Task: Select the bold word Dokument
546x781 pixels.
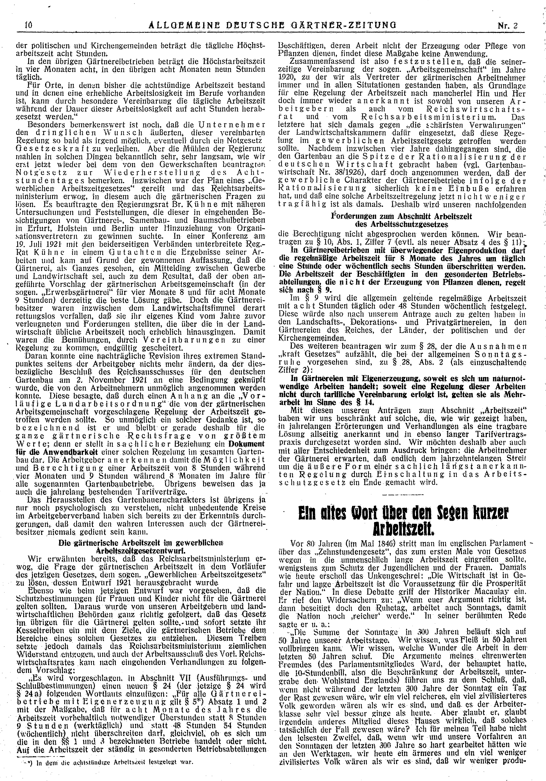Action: click(x=246, y=444)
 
